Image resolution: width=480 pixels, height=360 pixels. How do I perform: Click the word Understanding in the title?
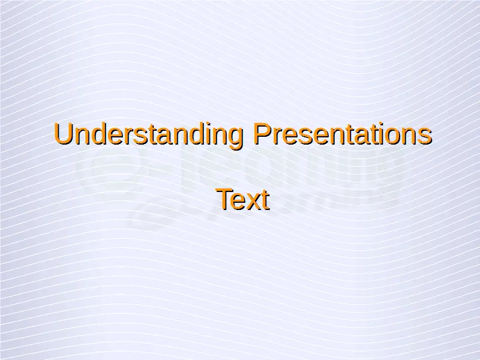pyautogui.click(x=148, y=134)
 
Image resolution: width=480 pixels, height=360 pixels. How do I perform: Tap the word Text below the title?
pyautogui.click(x=243, y=200)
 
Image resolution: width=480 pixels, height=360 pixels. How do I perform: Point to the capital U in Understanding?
pyautogui.click(x=63, y=134)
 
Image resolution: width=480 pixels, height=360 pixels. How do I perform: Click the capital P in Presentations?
pyautogui.click(x=262, y=133)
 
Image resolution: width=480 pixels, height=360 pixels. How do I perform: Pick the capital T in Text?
pyautogui.click(x=226, y=199)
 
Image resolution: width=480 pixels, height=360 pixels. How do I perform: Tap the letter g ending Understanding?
pyautogui.click(x=236, y=139)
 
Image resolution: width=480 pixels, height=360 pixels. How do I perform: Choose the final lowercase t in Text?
pyautogui.click(x=266, y=200)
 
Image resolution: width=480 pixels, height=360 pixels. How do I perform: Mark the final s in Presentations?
pyautogui.click(x=425, y=137)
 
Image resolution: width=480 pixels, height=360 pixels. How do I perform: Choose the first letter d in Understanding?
pyautogui.click(x=99, y=134)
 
